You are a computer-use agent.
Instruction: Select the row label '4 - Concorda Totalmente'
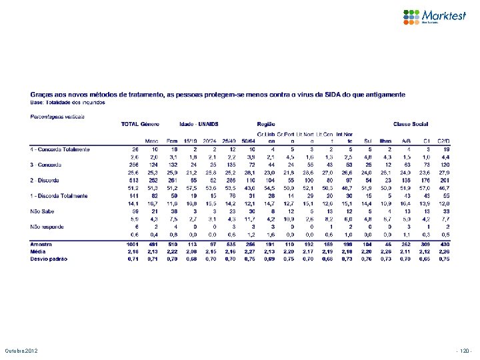60,149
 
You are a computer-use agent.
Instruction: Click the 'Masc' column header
153,141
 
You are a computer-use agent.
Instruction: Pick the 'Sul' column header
368,141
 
